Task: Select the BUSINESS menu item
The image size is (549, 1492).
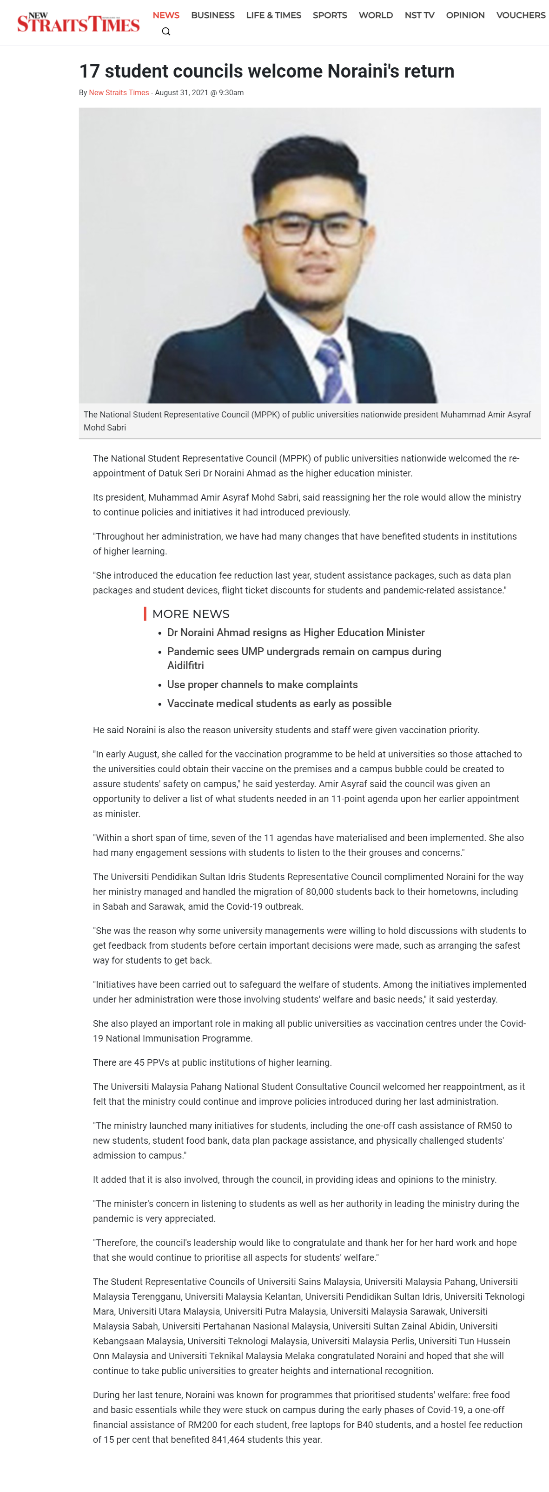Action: click(213, 15)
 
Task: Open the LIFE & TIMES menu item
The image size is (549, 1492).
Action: click(274, 15)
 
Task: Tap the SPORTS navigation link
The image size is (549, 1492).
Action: click(330, 15)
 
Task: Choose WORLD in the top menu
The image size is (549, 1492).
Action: click(376, 15)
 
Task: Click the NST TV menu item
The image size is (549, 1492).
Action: click(419, 15)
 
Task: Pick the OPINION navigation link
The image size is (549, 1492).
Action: click(465, 15)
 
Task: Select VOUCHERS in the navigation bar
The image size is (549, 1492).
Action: click(521, 15)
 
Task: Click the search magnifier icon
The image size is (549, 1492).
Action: click(166, 31)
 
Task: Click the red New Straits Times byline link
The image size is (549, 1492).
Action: click(119, 93)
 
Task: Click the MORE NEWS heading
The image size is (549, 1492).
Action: click(191, 614)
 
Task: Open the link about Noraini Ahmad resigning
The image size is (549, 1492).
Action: click(296, 632)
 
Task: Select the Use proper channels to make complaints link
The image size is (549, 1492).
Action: click(262, 684)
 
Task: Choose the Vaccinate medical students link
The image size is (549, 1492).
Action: click(279, 704)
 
